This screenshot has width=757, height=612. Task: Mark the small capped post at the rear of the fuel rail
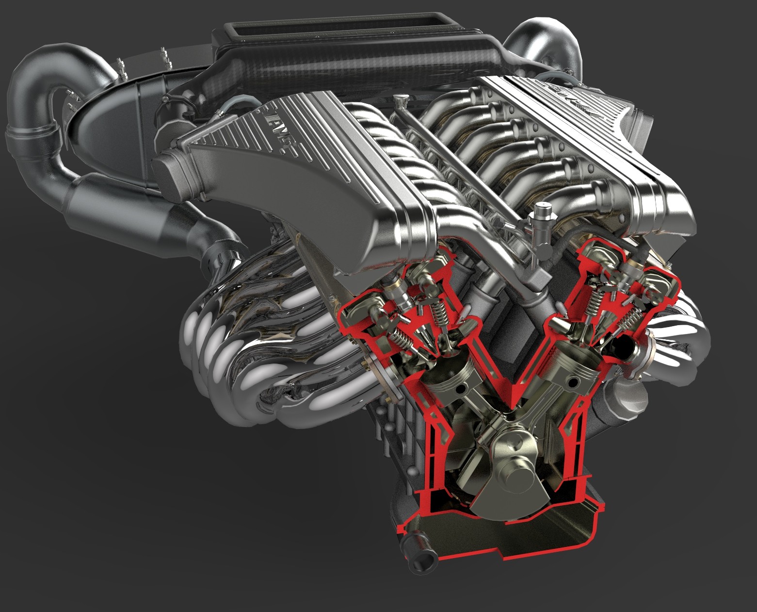[x=399, y=101]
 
